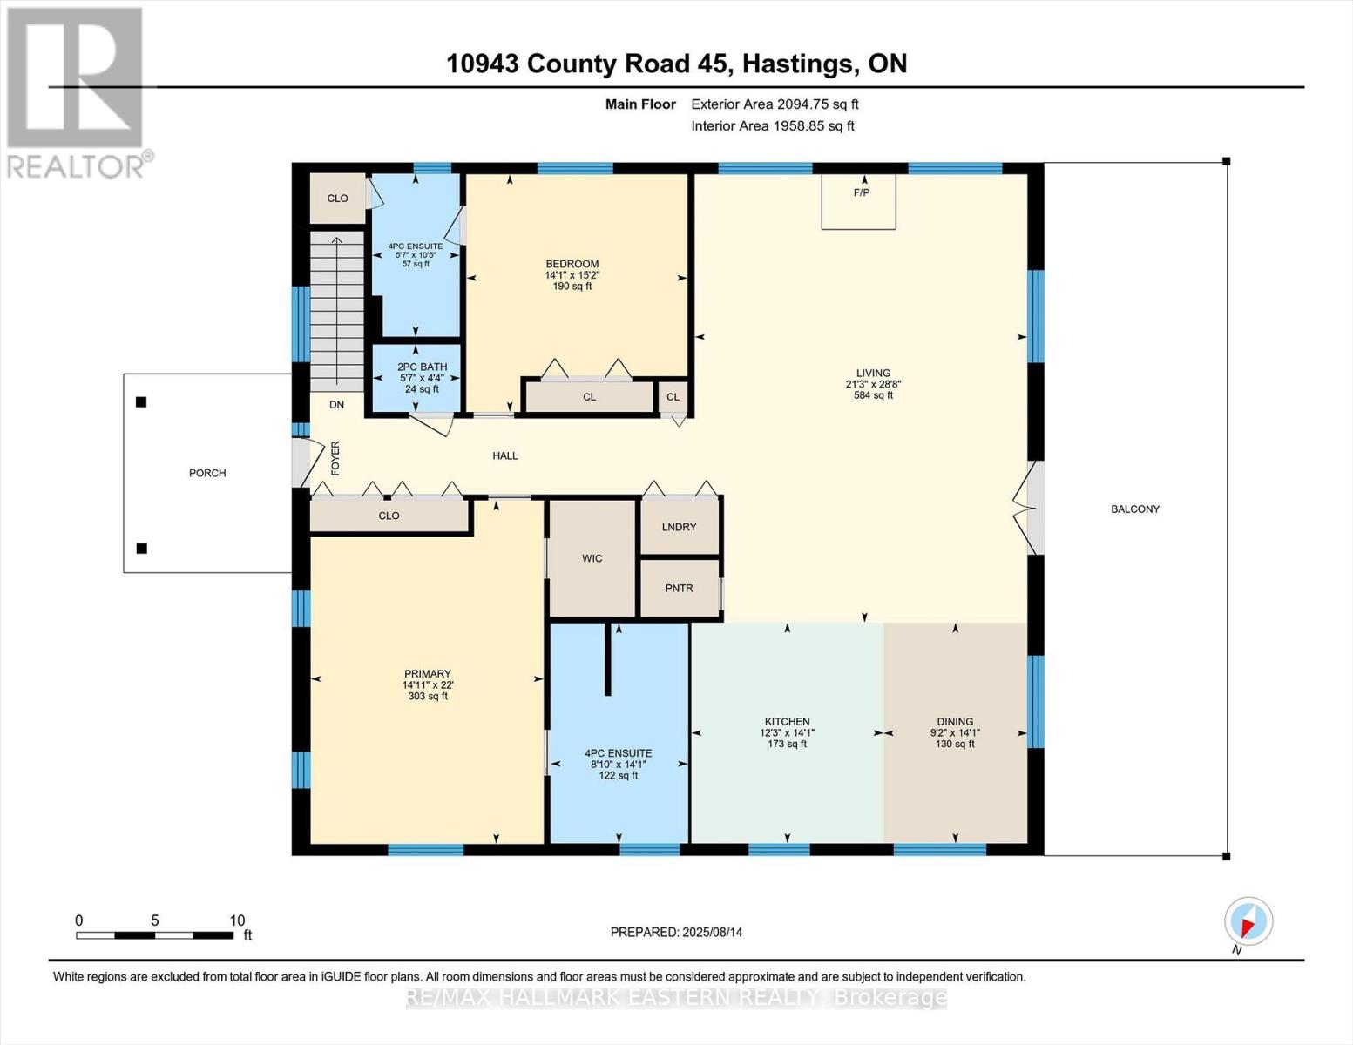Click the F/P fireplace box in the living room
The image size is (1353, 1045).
pos(858,201)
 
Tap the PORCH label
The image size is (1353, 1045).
pos(207,473)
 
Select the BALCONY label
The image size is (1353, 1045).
pos(1134,509)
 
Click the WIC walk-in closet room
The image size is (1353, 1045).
pos(592,558)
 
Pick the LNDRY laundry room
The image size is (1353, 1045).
pos(679,527)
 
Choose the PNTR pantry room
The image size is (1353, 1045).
pos(679,588)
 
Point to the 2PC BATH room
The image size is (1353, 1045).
pos(416,378)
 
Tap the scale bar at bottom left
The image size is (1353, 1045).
pos(154,935)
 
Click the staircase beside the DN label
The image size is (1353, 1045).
pos(337,309)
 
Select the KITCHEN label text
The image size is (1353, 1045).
pos(787,721)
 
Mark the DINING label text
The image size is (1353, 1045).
pos(955,721)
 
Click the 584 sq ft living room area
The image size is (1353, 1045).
pos(873,395)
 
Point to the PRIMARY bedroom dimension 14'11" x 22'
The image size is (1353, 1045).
pos(427,685)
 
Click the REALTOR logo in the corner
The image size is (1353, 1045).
pos(75,91)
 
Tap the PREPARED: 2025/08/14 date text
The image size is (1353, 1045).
pos(676,932)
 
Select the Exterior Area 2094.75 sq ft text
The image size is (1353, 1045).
pos(775,104)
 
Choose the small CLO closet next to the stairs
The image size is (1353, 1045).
pos(337,198)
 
